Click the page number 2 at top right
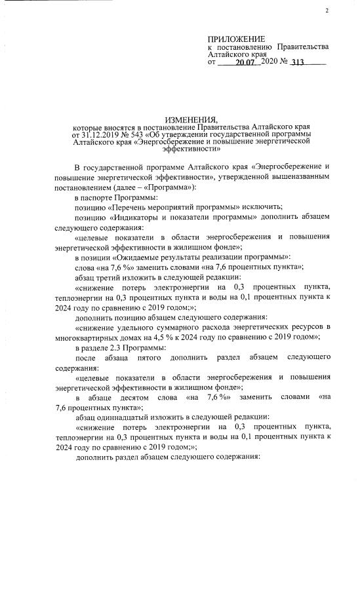[x=327, y=11]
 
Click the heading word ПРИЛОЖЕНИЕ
[x=237, y=39]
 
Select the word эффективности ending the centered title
[x=179, y=149]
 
